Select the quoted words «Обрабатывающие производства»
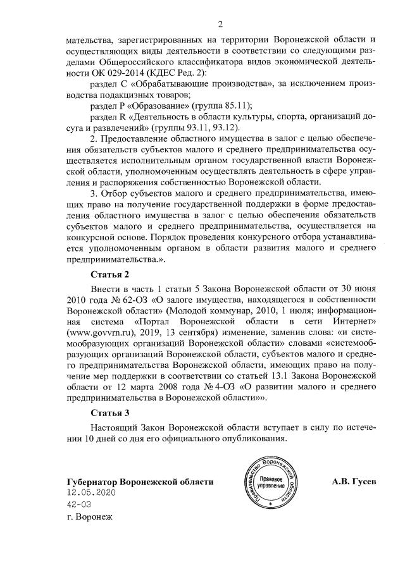[192, 84]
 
